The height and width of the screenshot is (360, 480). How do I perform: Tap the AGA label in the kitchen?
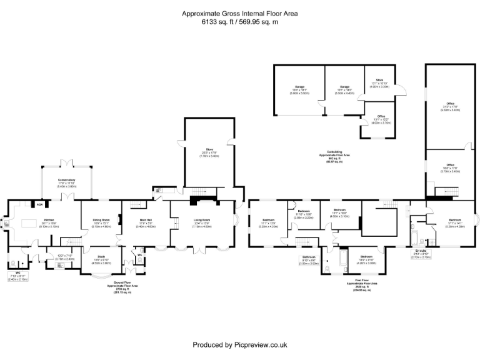(39, 204)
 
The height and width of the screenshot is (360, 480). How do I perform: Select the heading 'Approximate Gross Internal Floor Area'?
(239, 13)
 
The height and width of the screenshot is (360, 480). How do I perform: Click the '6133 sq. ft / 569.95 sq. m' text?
(239, 22)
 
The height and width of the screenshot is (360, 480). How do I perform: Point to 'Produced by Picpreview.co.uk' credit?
(239, 344)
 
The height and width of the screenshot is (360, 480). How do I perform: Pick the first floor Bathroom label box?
(309, 259)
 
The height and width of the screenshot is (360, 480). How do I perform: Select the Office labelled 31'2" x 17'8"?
(449, 104)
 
